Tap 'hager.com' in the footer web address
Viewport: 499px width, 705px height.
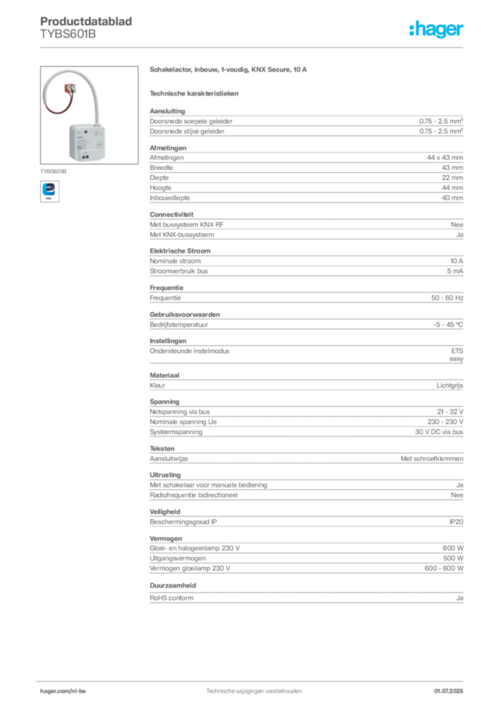pos(54,689)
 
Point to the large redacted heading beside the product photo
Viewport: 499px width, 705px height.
pos(228,70)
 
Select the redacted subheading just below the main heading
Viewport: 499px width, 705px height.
pos(196,93)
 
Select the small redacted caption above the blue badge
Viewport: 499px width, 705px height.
pos(54,168)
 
